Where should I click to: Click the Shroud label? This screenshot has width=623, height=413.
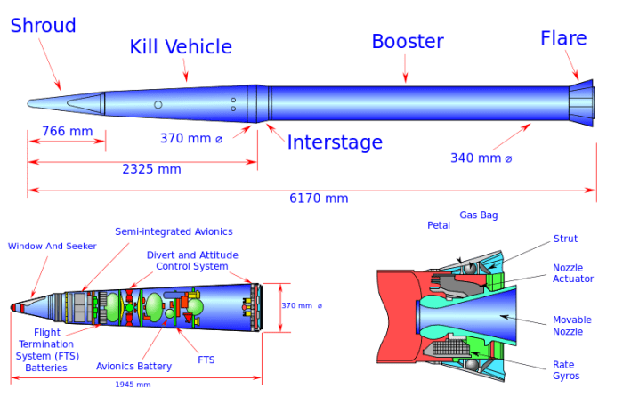tap(43, 25)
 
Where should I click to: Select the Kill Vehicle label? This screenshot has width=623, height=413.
tap(181, 47)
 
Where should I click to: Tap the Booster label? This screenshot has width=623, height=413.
tap(407, 41)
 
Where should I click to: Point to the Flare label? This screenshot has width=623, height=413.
tap(563, 38)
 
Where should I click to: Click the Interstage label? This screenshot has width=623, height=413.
tap(334, 142)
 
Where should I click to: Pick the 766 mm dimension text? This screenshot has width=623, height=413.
tap(67, 132)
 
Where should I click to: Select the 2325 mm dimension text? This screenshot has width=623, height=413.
tap(151, 168)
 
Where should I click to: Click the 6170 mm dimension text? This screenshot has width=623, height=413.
tap(319, 198)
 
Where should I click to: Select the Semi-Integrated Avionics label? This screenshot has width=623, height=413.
tap(174, 231)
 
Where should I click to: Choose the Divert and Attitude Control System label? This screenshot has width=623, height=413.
tap(192, 260)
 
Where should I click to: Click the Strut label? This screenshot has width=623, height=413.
tap(565, 239)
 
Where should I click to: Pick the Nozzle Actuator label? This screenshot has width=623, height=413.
tap(568, 272)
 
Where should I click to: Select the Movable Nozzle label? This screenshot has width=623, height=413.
tap(568, 325)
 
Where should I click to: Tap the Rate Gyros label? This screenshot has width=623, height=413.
tap(565, 369)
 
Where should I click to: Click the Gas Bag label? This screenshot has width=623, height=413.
tap(478, 215)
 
